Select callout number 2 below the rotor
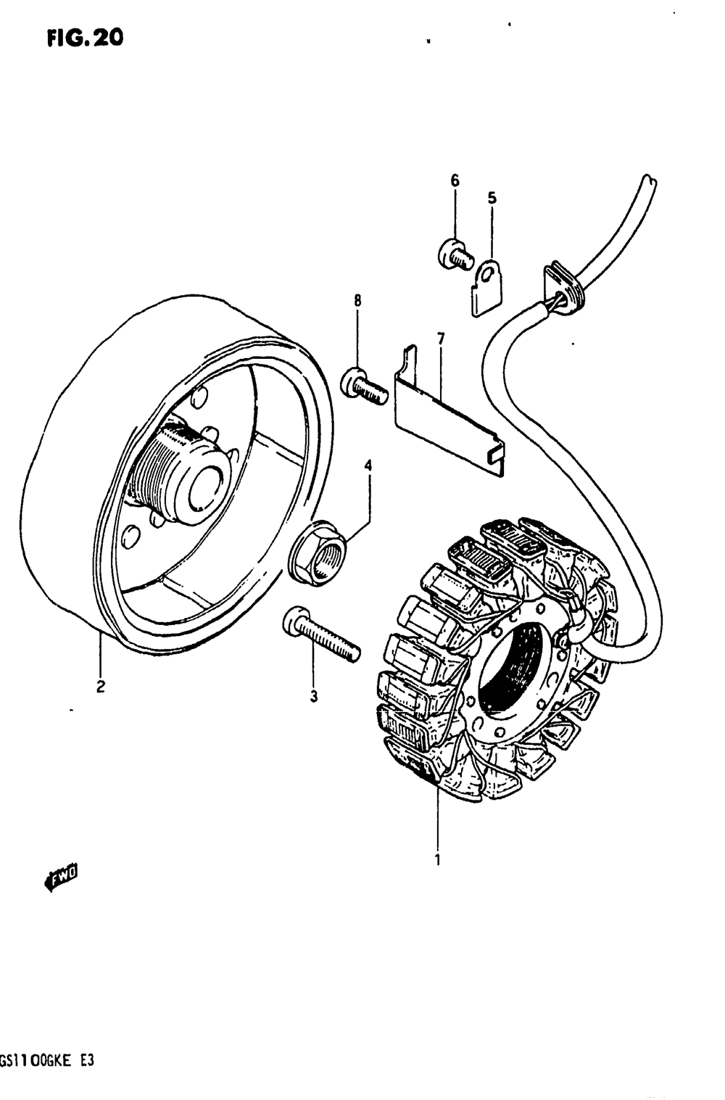(101, 686)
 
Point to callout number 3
(314, 697)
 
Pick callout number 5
(492, 197)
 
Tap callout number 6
(455, 180)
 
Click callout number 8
(357, 300)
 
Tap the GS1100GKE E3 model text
(47, 1061)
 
